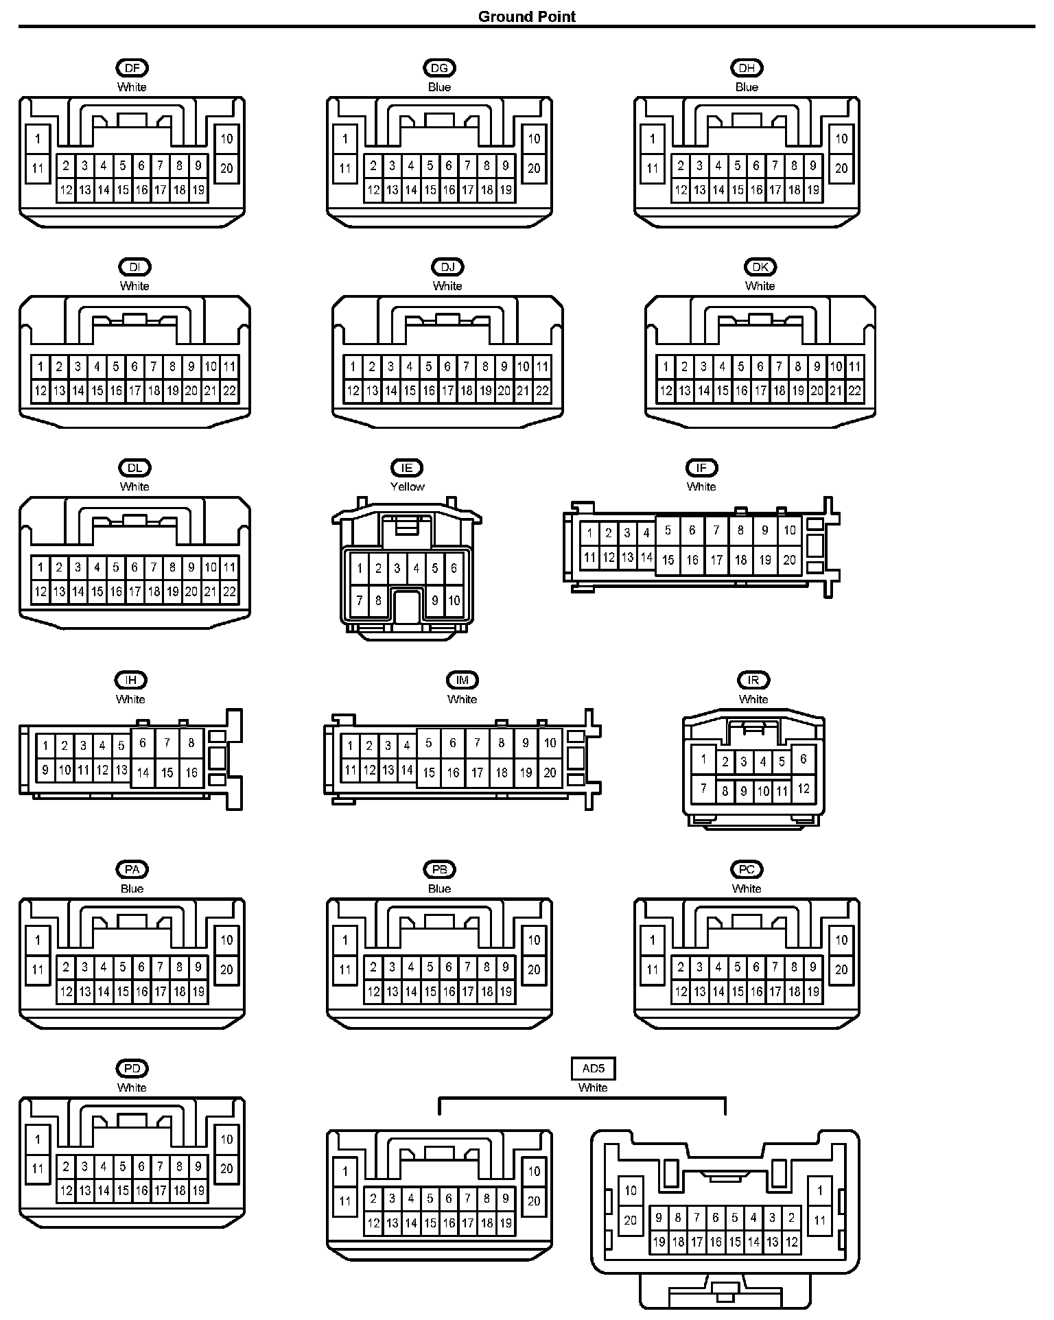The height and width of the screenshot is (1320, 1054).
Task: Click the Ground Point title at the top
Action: (x=526, y=16)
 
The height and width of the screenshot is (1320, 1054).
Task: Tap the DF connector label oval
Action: (x=132, y=68)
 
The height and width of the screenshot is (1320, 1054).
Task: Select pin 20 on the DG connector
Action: (x=534, y=168)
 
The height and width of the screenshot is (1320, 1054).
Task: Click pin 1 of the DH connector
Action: (x=653, y=139)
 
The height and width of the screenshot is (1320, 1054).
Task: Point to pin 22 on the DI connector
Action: (x=229, y=391)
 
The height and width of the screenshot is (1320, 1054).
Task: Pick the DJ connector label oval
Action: (x=447, y=267)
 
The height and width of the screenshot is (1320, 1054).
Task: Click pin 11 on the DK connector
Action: (x=854, y=366)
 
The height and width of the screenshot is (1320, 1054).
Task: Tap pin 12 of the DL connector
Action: (x=40, y=591)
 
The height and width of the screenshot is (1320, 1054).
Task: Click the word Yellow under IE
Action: (x=408, y=486)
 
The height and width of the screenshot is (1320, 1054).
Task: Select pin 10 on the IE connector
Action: (x=454, y=601)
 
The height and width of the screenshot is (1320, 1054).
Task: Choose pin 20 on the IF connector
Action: (x=790, y=560)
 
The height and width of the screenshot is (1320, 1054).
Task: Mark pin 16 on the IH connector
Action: (x=191, y=773)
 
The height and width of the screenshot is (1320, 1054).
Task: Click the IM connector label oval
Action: (x=462, y=680)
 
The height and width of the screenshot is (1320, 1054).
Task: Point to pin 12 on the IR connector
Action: (x=804, y=788)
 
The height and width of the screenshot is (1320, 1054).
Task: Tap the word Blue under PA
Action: (x=132, y=888)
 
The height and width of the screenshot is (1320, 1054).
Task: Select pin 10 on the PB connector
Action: (x=534, y=940)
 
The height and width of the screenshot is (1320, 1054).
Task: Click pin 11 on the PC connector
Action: (x=653, y=969)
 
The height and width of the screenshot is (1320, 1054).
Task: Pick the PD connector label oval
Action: (x=132, y=1068)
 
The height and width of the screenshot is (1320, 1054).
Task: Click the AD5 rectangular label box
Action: (x=593, y=1068)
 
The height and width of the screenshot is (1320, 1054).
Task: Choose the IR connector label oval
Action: (x=753, y=680)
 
